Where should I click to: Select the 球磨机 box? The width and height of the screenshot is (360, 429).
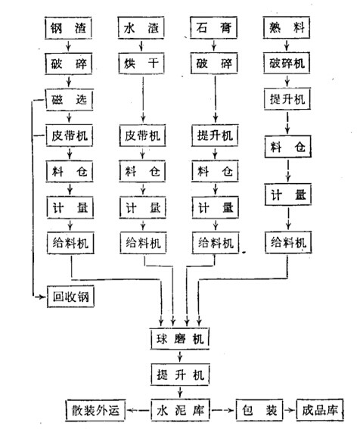click(x=179, y=337)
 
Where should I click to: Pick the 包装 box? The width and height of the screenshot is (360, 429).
click(x=257, y=411)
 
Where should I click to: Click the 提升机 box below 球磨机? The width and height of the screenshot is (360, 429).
click(x=179, y=374)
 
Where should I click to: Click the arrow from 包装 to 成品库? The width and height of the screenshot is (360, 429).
click(x=288, y=411)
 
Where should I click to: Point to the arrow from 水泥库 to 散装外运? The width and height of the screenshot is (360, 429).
click(x=138, y=411)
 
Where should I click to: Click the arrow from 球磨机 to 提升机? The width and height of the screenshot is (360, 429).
click(x=179, y=356)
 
